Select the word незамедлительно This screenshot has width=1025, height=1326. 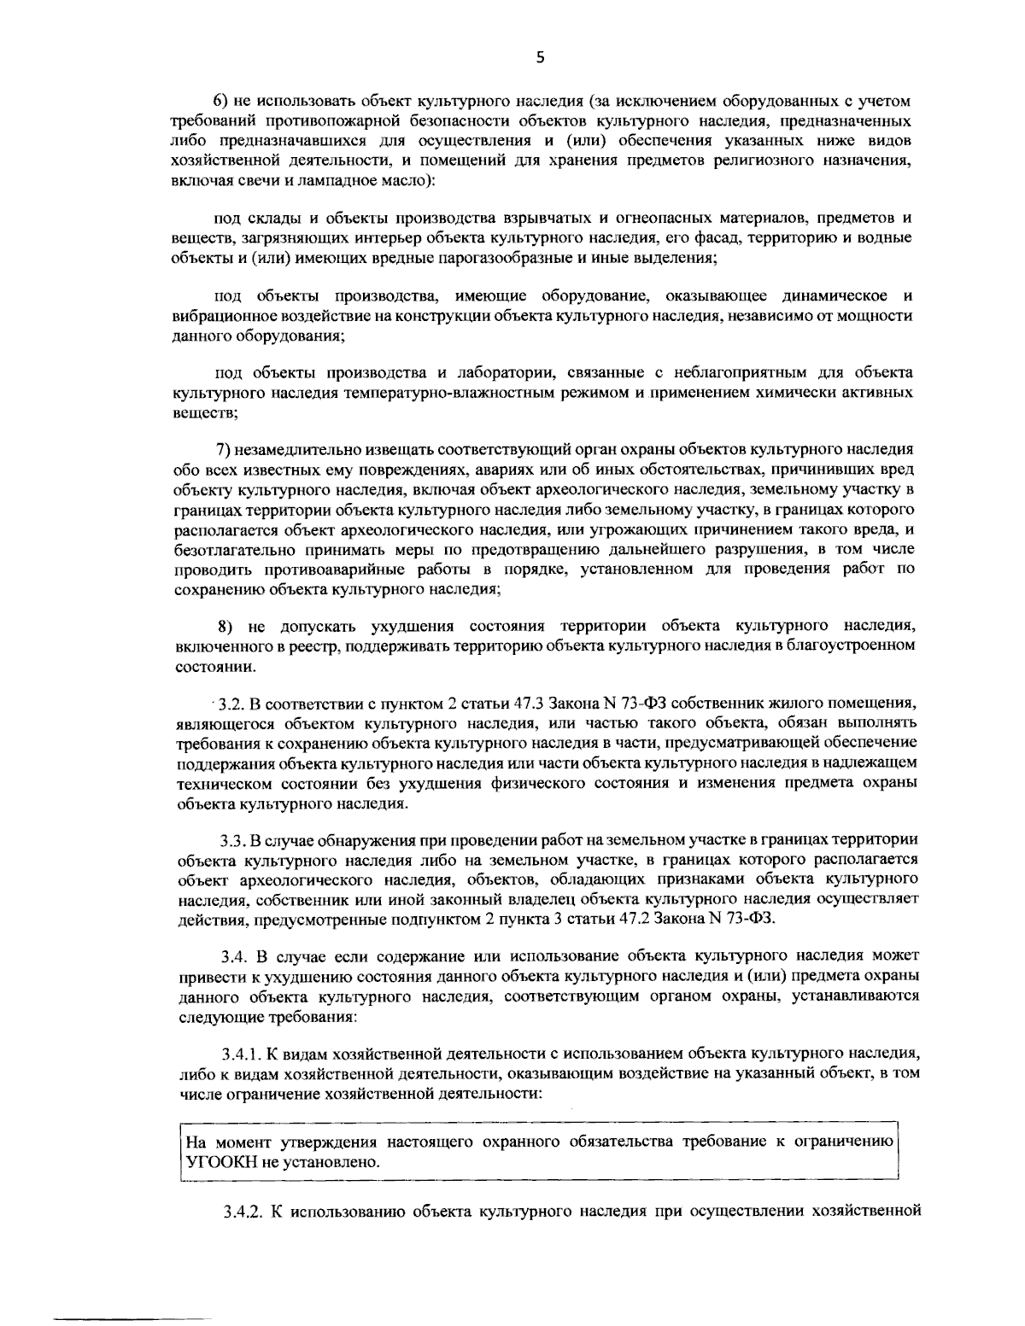pyautogui.click(x=296, y=449)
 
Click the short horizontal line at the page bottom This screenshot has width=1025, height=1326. pyautogui.click(x=132, y=1296)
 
